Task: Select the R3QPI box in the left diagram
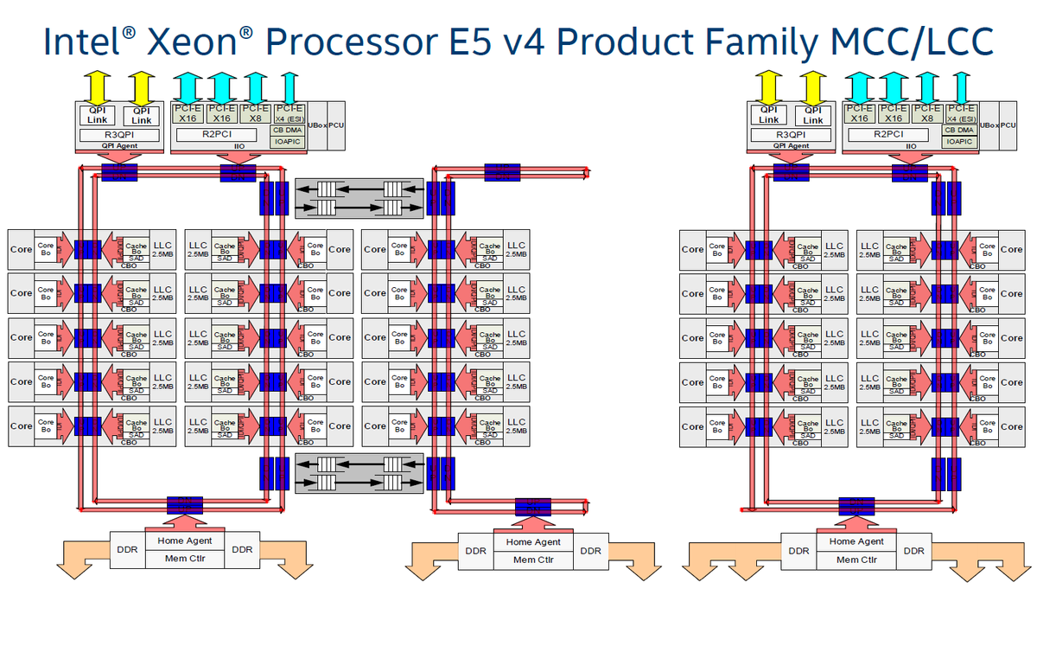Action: pos(120,135)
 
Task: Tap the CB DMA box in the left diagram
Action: pos(289,130)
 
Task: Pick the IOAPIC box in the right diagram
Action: pos(960,140)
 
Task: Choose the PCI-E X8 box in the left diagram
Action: pos(255,112)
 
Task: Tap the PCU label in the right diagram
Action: pos(1008,126)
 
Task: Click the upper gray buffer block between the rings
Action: pos(359,198)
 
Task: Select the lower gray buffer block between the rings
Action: pos(359,473)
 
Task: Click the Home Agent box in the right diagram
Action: pos(855,541)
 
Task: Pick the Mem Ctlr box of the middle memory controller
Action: pos(533,560)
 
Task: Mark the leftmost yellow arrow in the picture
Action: pos(96,86)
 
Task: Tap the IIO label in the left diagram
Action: pos(238,146)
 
